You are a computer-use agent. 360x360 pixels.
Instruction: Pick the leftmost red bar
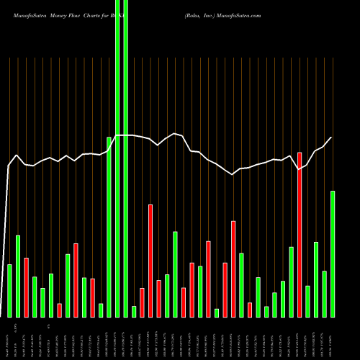point(26,287)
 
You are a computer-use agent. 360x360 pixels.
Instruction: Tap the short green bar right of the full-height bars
point(134,311)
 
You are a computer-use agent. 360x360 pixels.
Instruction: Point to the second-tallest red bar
point(150,261)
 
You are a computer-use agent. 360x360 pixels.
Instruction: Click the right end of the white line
point(332,138)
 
